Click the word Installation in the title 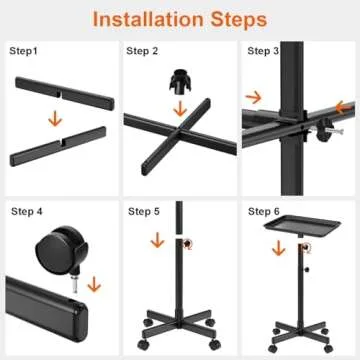(x=148, y=19)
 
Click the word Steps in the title (x=239, y=19)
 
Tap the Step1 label (x=24, y=51)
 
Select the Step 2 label (x=142, y=51)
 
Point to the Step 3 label (x=263, y=51)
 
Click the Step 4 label (x=27, y=211)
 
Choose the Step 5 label (x=144, y=211)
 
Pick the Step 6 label (x=264, y=211)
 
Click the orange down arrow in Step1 (x=55, y=119)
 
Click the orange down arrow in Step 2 (x=180, y=109)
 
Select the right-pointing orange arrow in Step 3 (x=254, y=98)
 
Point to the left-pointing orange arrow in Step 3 (x=344, y=107)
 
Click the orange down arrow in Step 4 (x=94, y=284)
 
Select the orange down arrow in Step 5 (x=157, y=240)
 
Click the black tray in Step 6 (x=302, y=226)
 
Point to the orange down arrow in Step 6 (x=279, y=248)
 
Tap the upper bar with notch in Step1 (x=65, y=94)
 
